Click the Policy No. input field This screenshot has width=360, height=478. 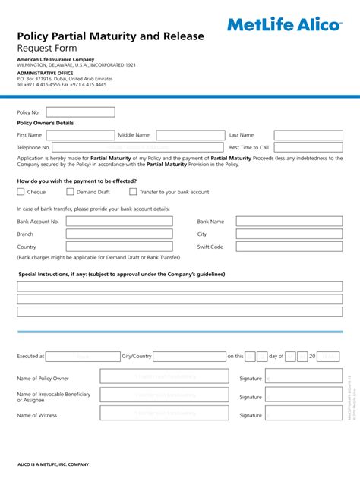81,112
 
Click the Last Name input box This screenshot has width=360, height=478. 302,135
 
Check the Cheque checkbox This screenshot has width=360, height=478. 21,193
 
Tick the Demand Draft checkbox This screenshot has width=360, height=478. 70,193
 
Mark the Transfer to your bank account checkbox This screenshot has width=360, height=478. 133,193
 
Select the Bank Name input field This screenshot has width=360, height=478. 289,222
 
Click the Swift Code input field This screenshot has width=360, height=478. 289,247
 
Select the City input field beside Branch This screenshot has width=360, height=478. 289,234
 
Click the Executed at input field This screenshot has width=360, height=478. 83,356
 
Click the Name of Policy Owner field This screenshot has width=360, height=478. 165,377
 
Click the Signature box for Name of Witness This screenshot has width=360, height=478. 302,415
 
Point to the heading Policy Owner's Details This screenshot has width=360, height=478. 46,123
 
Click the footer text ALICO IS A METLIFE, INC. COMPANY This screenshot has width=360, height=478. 53,464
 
